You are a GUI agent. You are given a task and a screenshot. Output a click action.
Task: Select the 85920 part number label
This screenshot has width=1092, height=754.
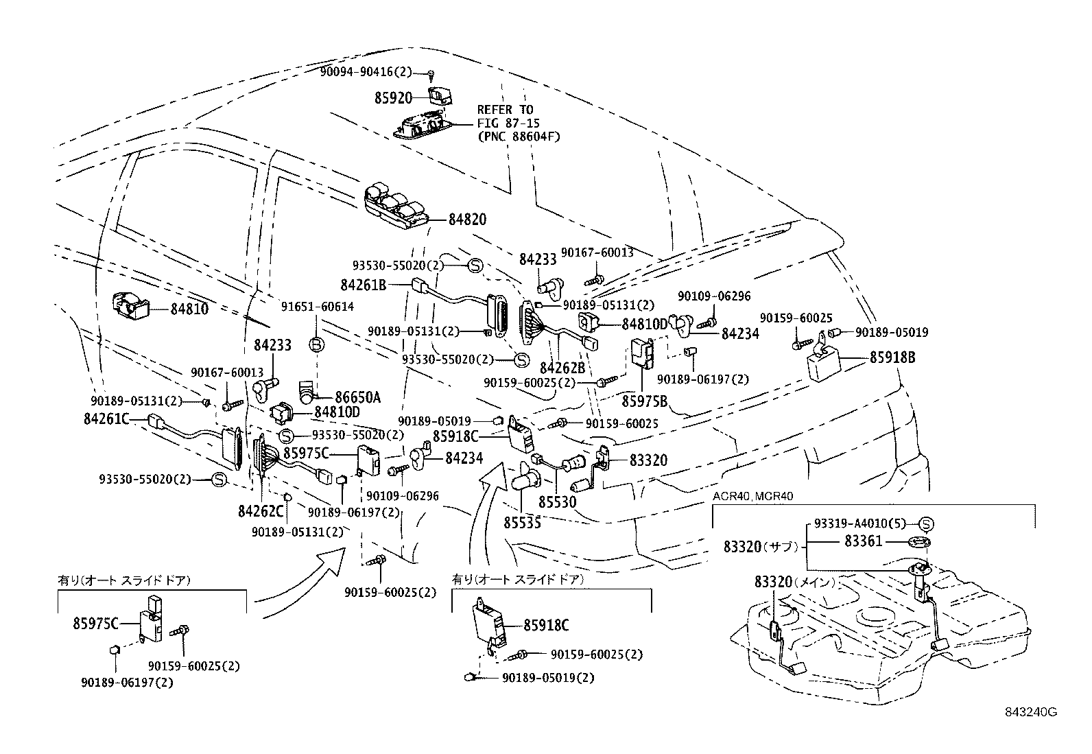(392, 98)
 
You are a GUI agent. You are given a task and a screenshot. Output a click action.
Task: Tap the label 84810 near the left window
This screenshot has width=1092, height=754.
(189, 309)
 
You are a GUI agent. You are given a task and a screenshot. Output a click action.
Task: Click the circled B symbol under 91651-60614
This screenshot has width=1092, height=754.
(316, 345)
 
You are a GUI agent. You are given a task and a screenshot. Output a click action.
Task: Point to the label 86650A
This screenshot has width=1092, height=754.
(357, 397)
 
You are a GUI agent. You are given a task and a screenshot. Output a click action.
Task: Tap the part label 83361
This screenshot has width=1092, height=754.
(864, 541)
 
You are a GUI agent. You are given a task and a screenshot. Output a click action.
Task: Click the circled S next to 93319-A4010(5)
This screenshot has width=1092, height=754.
(925, 524)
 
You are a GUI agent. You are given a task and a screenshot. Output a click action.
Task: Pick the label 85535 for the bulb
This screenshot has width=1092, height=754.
(522, 523)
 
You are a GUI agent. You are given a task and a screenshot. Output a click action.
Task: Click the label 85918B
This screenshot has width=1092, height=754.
(892, 357)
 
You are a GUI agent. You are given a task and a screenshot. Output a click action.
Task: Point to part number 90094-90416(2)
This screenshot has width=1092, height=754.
(366, 71)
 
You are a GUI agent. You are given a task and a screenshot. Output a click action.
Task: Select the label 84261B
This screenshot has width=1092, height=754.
(363, 283)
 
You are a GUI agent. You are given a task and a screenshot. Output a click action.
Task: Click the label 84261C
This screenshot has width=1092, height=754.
(106, 419)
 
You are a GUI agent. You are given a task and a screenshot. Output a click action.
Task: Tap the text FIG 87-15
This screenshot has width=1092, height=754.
(508, 123)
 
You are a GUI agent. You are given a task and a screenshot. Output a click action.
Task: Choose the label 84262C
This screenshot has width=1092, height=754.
(261, 511)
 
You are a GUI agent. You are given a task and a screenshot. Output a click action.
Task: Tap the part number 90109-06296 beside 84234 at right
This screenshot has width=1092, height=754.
(714, 296)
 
